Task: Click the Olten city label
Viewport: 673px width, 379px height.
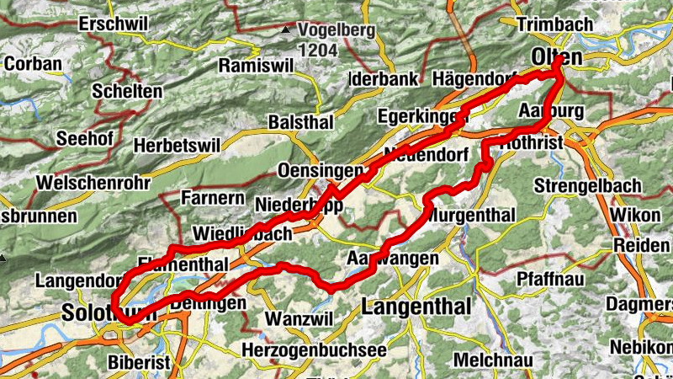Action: coord(557,57)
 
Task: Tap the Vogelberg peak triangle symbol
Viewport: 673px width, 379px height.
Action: coord(288,29)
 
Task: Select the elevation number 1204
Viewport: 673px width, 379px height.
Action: coord(317,51)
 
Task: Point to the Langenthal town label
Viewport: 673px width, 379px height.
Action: coord(416,307)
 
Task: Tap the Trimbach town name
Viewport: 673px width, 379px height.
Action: coord(556,24)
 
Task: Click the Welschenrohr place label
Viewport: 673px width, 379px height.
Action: coord(93,183)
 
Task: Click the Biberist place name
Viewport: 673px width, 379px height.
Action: coord(139,363)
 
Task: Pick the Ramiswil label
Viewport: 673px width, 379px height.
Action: coord(252,66)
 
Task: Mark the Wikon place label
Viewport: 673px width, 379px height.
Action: coord(636,215)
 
